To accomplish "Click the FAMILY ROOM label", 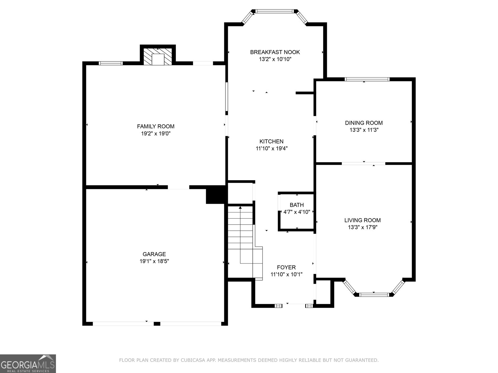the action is tap(156, 127).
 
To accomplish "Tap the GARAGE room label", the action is tap(154, 254).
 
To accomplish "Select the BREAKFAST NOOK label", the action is tap(275, 52).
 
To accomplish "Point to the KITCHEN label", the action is tap(272, 141).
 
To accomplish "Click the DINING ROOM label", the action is tap(364, 123).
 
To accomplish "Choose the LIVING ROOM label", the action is tap(363, 220).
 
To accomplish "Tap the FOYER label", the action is tap(286, 267).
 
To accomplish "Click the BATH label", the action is tap(297, 205).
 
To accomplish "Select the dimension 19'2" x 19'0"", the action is tap(156, 133).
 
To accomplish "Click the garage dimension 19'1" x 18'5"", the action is tap(154, 261).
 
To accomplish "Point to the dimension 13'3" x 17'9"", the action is tap(363, 227).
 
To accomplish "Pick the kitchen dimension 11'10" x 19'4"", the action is tap(272, 148).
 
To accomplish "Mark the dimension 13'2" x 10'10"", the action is tap(275, 59).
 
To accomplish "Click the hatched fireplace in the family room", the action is tap(158, 56).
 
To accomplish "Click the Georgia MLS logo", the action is tap(28, 363).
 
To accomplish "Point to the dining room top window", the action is tap(367, 79).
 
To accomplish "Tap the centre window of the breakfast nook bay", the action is tap(275, 11).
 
